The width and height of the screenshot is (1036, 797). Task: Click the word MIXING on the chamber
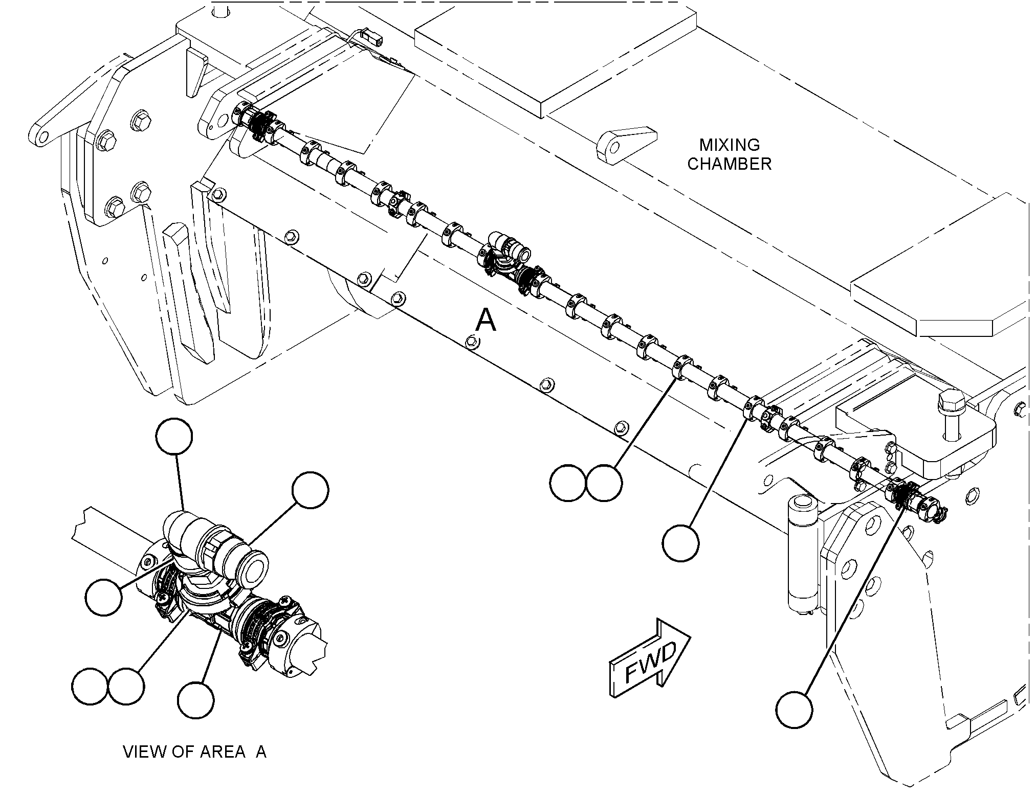coord(730,145)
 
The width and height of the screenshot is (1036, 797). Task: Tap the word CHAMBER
coord(729,164)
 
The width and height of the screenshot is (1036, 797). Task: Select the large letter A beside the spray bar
coord(486,321)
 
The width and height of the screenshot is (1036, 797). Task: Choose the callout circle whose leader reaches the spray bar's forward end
coord(794,710)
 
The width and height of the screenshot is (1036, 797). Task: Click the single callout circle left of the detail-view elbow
coord(104,597)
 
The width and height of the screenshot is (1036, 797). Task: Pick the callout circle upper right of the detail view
coord(310,490)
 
